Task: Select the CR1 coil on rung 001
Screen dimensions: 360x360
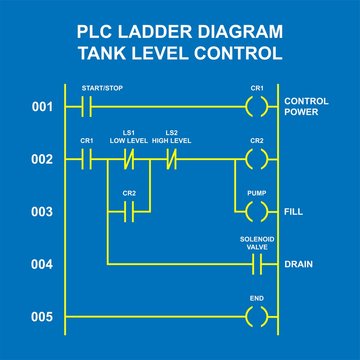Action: (257, 105)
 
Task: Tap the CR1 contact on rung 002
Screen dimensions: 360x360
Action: (85, 159)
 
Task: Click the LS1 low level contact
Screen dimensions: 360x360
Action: (128, 159)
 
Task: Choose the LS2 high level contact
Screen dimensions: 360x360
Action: (171, 159)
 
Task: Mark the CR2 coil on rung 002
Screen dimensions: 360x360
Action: (257, 159)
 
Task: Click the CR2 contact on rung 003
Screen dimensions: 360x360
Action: (128, 212)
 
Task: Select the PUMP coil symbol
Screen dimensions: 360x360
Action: (257, 212)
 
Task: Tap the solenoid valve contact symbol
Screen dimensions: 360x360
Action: (257, 264)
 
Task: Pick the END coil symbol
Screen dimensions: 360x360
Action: (257, 317)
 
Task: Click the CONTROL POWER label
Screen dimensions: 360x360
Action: (307, 105)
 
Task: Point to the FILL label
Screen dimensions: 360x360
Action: (295, 212)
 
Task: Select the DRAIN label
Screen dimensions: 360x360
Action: (299, 264)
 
